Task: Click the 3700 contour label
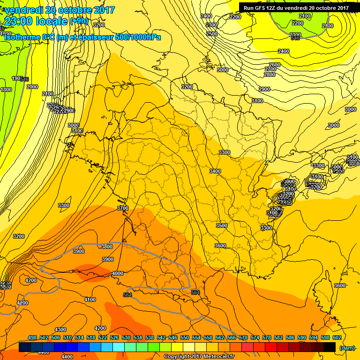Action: [x=122, y=208]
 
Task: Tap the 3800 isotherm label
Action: [x=107, y=247]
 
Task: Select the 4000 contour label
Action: [x=118, y=273]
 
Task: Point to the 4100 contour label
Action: [x=90, y=300]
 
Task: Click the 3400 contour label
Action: [x=215, y=171]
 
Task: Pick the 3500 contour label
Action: [x=222, y=225]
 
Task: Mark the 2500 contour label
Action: [x=212, y=34]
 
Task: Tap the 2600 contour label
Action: [x=275, y=65]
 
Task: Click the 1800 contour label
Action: [x=6, y=90]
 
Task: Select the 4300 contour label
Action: [x=60, y=330]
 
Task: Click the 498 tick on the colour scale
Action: [x=32, y=338]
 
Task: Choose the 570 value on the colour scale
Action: [x=243, y=338]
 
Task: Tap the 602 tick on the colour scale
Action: [x=336, y=338]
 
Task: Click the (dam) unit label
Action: [x=347, y=347]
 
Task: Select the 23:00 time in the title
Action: [x=19, y=21]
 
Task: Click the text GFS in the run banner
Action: [x=261, y=7]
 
